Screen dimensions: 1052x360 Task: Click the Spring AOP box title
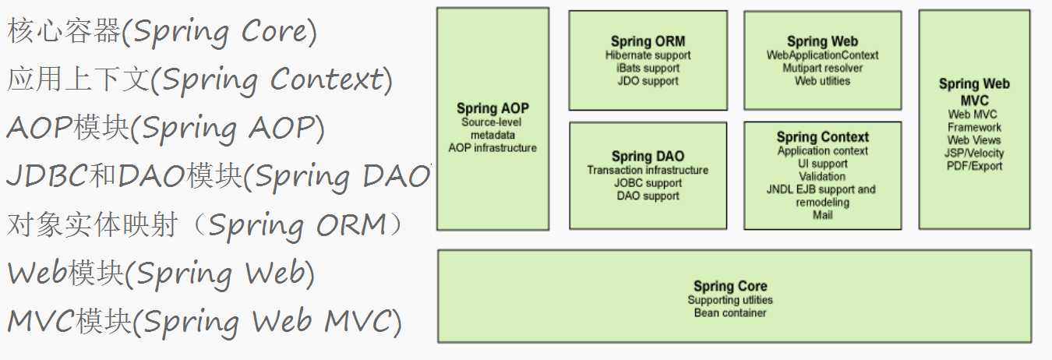[492, 108]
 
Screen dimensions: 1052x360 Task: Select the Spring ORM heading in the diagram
[648, 41]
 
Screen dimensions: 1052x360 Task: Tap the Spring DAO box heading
[648, 157]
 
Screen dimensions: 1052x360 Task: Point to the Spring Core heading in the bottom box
[730, 286]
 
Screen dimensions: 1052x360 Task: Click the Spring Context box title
[822, 137]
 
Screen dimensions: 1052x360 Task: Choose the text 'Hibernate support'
[648, 55]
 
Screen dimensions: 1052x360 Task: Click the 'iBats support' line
[648, 68]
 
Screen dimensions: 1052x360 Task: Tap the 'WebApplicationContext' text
[822, 55]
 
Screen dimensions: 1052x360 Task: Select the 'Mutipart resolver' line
[822, 68]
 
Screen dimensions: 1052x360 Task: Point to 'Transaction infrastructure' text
[648, 170]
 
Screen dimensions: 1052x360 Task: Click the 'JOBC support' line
[648, 183]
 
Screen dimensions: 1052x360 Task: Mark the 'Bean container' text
[730, 312]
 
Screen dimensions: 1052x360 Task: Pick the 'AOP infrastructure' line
[492, 148]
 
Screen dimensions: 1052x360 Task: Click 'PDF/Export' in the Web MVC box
[975, 166]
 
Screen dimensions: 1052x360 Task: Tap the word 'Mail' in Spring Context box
[822, 215]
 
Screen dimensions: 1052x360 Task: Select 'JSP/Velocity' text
[974, 153]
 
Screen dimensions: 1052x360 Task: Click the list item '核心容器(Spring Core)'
[162, 32]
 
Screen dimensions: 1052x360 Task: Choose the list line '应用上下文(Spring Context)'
[199, 79]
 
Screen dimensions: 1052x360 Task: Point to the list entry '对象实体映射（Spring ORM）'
[205, 225]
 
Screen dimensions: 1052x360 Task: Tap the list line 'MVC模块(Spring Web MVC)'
[205, 322]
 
